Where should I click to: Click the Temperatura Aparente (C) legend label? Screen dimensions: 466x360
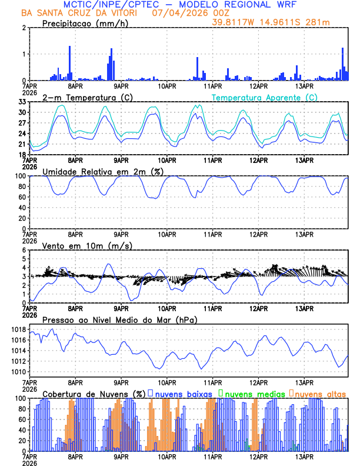(x=265, y=97)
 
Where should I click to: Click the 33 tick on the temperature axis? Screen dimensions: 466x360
(x=22, y=102)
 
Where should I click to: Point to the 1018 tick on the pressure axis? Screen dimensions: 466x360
(x=18, y=329)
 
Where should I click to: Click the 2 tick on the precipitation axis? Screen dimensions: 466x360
(x=24, y=28)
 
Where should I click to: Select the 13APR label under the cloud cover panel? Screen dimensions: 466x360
(x=304, y=456)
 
